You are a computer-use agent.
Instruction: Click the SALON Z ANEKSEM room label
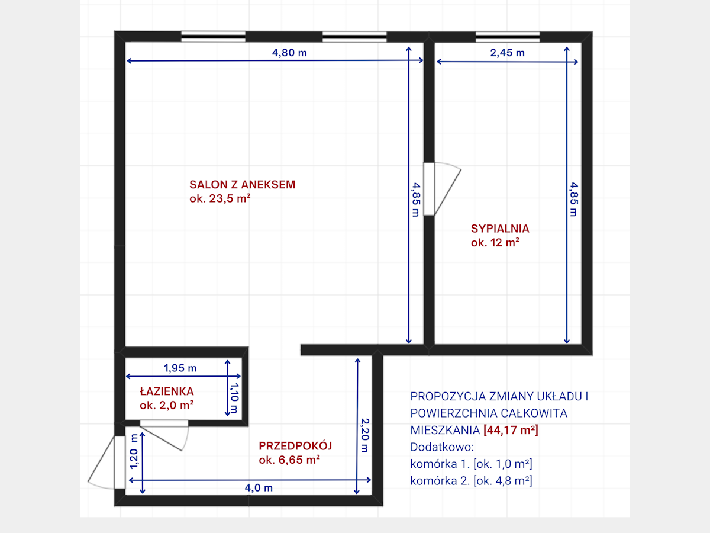(x=242, y=184)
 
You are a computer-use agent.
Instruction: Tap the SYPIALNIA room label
(x=500, y=229)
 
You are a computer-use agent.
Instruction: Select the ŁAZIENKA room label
(x=167, y=391)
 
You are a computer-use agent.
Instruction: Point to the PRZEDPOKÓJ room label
(x=295, y=445)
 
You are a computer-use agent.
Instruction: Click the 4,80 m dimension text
(x=289, y=53)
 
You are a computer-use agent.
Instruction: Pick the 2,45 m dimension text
(x=507, y=53)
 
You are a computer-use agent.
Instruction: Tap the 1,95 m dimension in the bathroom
(x=180, y=368)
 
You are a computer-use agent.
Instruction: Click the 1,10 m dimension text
(x=234, y=398)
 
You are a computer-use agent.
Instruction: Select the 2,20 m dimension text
(x=365, y=435)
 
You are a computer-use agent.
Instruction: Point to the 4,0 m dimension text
(x=259, y=487)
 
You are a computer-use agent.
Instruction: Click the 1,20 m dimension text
(x=134, y=451)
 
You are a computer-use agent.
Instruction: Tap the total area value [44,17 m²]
(x=511, y=430)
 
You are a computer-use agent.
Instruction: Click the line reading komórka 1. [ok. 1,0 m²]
(x=471, y=464)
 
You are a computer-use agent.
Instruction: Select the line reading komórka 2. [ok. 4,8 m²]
(x=471, y=480)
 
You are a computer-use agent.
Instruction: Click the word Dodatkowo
(x=442, y=447)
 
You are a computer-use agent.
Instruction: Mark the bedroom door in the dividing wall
(x=442, y=189)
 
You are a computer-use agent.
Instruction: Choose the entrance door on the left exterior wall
(x=106, y=462)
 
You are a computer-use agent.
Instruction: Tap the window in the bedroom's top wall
(x=508, y=37)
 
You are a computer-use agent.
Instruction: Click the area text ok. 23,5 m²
(x=220, y=198)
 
